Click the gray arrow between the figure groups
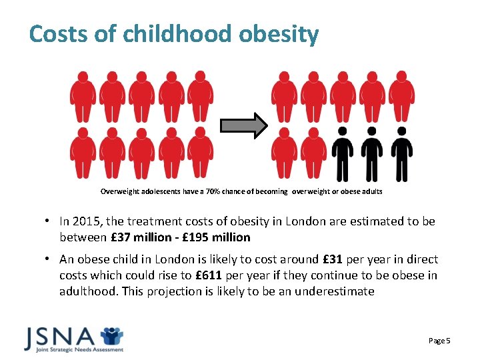click(x=243, y=125)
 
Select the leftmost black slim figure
click(x=343, y=153)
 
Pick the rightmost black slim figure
click(x=401, y=153)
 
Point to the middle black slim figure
click(x=372, y=153)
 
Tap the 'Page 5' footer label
click(x=439, y=341)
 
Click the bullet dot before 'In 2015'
click(x=50, y=221)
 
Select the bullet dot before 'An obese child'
click(x=50, y=259)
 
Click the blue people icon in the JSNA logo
click(x=111, y=335)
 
